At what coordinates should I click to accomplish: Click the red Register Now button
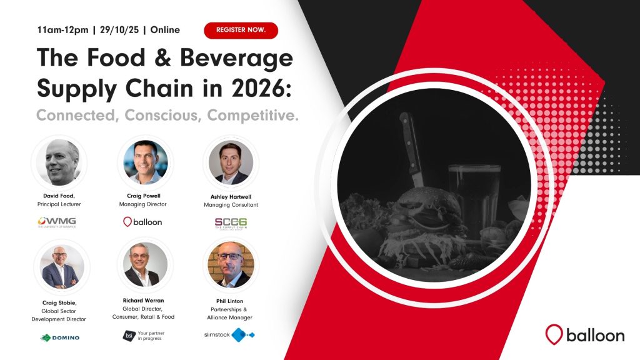point(241,30)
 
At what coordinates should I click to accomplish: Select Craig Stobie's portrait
point(60,266)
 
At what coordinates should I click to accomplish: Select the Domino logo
point(60,337)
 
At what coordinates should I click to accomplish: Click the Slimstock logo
point(229,335)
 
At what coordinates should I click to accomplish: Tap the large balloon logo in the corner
point(584,334)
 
